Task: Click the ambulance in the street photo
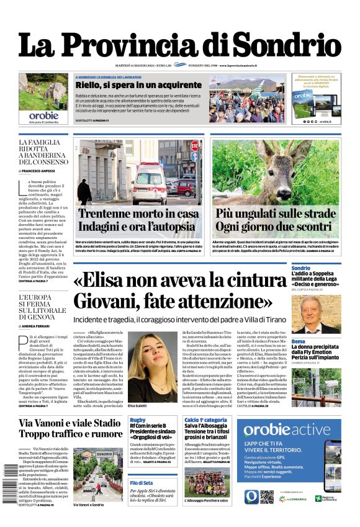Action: [150, 176]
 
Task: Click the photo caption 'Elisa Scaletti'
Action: [141, 406]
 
